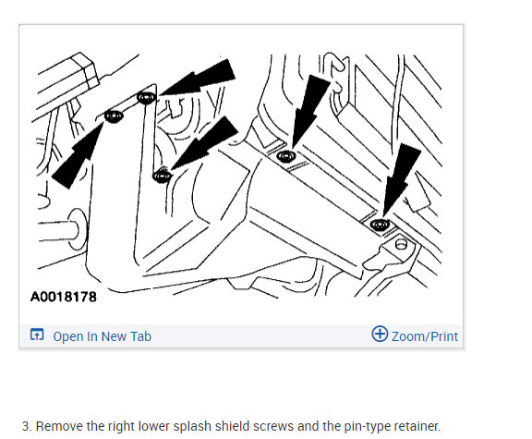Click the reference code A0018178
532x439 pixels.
coord(64,297)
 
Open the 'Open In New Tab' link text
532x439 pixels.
coord(103,336)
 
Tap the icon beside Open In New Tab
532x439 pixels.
coord(37,335)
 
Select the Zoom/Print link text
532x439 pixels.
coord(425,336)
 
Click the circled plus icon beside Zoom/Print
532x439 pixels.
coord(380,334)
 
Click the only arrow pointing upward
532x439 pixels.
coord(78,154)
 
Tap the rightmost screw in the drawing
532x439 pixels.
coord(380,225)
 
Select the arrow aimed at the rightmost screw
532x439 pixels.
coord(402,179)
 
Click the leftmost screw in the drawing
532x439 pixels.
coord(114,116)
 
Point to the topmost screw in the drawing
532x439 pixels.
coord(147,98)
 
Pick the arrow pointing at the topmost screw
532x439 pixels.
coord(198,78)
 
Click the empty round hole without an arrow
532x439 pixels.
coord(401,244)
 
